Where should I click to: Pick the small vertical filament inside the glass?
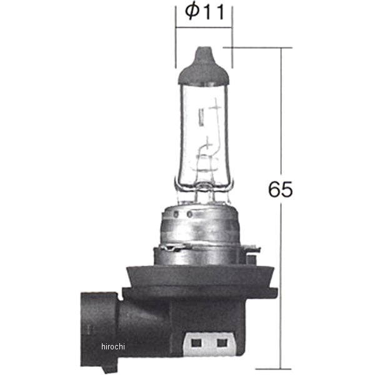(x=201, y=116)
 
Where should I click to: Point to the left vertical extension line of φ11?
(x=176, y=37)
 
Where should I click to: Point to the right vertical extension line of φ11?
(x=232, y=37)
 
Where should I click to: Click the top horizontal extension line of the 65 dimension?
(x=262, y=46)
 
